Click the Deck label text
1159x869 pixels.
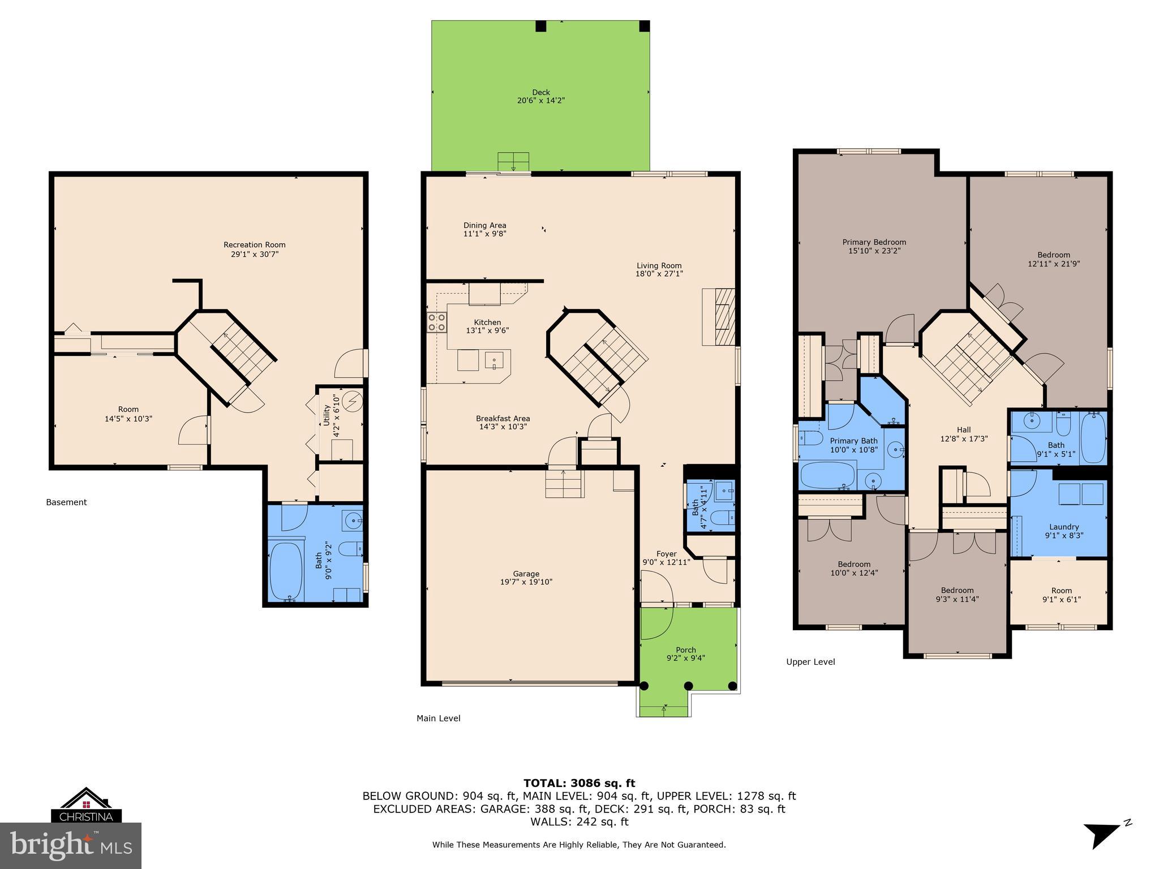pyautogui.click(x=540, y=92)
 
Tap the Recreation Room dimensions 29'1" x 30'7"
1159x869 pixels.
pyautogui.click(x=254, y=254)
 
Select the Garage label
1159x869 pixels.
pyautogui.click(x=526, y=573)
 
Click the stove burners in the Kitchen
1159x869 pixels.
pyautogui.click(x=436, y=322)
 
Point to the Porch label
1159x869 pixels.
pyautogui.click(x=685, y=649)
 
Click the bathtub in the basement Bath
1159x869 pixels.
pyautogui.click(x=285, y=571)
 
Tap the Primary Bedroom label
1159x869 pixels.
pyautogui.click(x=874, y=242)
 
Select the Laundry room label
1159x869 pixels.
pyautogui.click(x=1063, y=527)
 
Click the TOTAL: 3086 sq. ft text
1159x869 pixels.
pyautogui.click(x=579, y=783)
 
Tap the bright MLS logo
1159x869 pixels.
pyautogui.click(x=71, y=845)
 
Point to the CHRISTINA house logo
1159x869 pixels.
pyautogui.click(x=86, y=805)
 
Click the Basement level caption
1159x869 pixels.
pyautogui.click(x=66, y=502)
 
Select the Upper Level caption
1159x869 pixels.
pyautogui.click(x=810, y=661)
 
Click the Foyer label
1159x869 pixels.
pyautogui.click(x=666, y=554)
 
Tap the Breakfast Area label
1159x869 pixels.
pyautogui.click(x=503, y=419)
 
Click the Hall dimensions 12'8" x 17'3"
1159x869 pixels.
pyautogui.click(x=963, y=438)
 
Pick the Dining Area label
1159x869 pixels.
pyautogui.click(x=484, y=225)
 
